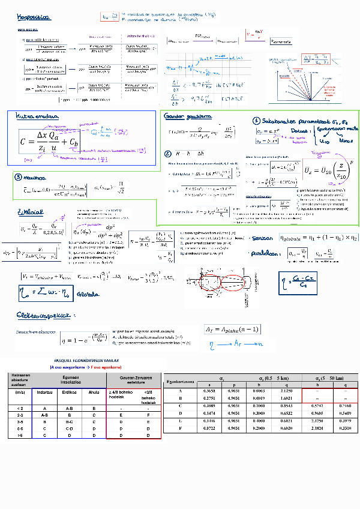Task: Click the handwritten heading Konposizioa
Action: tap(34, 19)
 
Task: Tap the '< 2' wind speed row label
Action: tap(20, 408)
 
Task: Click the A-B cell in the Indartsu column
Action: tap(43, 414)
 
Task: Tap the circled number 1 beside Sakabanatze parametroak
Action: tap(256, 120)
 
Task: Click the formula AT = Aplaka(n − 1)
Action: tap(232, 329)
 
